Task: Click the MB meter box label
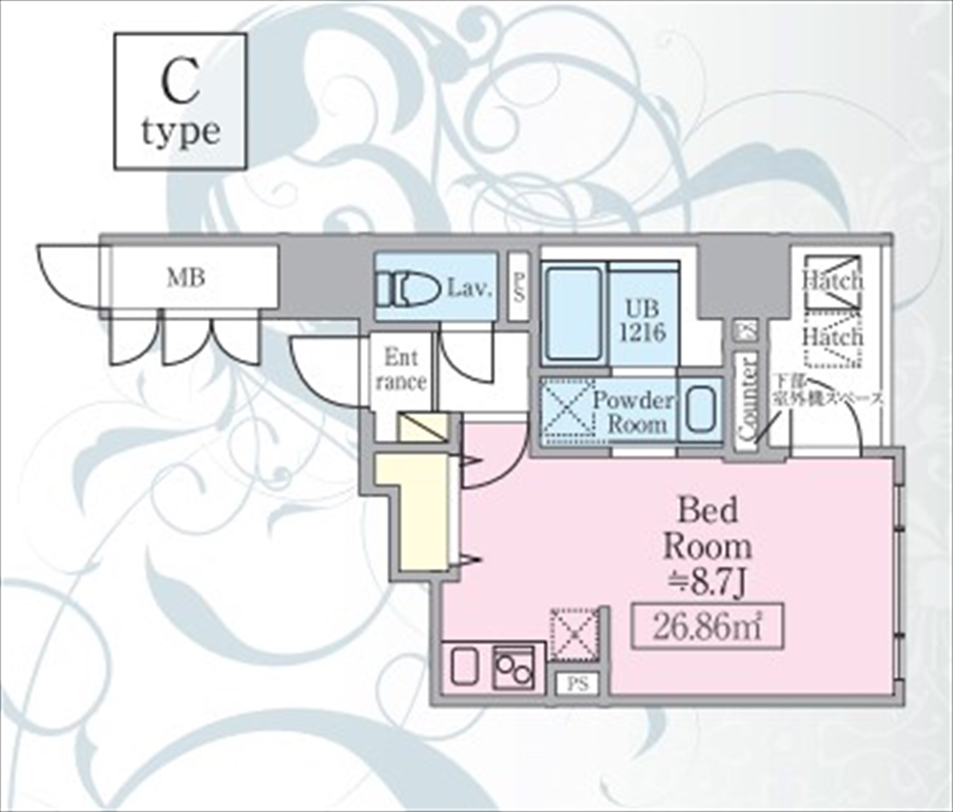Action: click(x=186, y=277)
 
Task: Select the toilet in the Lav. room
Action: click(x=410, y=289)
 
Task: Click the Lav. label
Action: click(x=470, y=288)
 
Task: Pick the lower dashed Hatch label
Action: click(x=833, y=338)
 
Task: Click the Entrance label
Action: click(x=401, y=370)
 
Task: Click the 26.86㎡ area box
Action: click(x=707, y=626)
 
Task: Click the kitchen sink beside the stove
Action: click(x=465, y=667)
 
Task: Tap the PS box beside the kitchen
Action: click(x=578, y=684)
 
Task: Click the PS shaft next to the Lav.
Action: click(x=519, y=287)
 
